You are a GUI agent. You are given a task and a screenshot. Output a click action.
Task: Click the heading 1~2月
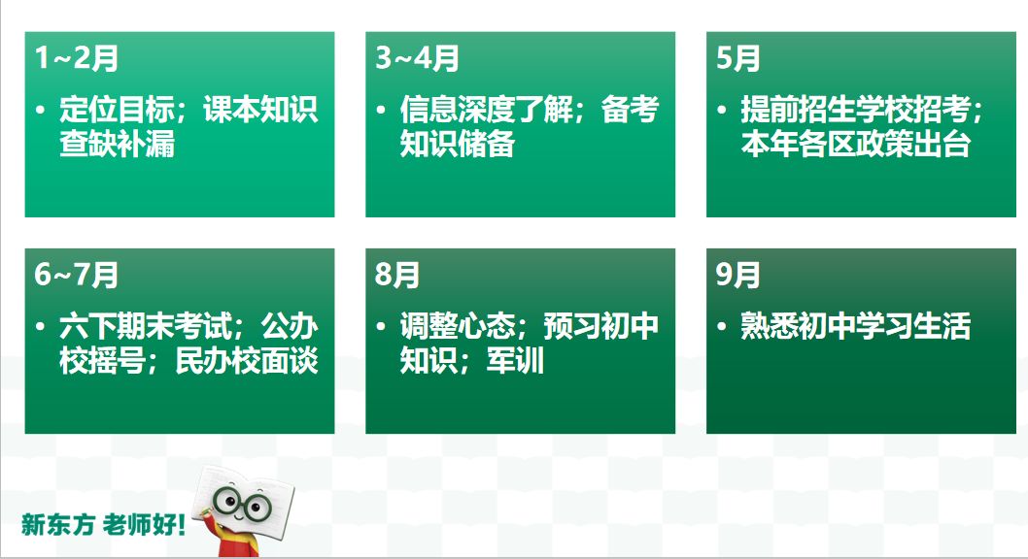tap(76, 58)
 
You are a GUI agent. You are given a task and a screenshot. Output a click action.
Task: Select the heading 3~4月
tap(417, 58)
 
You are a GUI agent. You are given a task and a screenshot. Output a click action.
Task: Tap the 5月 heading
tap(738, 58)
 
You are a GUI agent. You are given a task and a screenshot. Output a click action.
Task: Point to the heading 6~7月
tap(76, 275)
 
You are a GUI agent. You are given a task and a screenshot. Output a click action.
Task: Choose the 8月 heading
tap(397, 275)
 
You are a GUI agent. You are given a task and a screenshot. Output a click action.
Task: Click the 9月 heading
tap(738, 275)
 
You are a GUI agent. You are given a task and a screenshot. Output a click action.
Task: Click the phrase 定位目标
tap(117, 110)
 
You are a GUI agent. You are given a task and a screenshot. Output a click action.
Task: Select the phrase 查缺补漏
tap(117, 144)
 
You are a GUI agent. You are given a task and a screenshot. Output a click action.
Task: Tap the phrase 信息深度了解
tap(487, 110)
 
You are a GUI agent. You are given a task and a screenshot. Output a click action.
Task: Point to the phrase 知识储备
tap(458, 144)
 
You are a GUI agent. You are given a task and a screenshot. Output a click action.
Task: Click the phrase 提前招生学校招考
tap(856, 110)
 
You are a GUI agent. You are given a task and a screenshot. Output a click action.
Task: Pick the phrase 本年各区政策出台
tap(856, 144)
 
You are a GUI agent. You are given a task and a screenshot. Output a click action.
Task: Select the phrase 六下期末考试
tap(146, 326)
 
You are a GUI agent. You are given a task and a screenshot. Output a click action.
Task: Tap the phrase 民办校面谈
tap(247, 361)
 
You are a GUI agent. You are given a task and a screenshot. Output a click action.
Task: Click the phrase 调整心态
tap(458, 326)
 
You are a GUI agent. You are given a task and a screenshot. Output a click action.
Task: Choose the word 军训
tap(515, 361)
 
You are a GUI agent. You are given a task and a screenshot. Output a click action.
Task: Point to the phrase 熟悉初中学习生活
tap(856, 326)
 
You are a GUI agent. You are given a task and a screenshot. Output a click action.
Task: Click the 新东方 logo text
tap(58, 524)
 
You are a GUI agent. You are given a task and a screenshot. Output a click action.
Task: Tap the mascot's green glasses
tap(242, 505)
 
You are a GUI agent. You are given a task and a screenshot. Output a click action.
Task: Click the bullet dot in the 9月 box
tap(722, 326)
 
